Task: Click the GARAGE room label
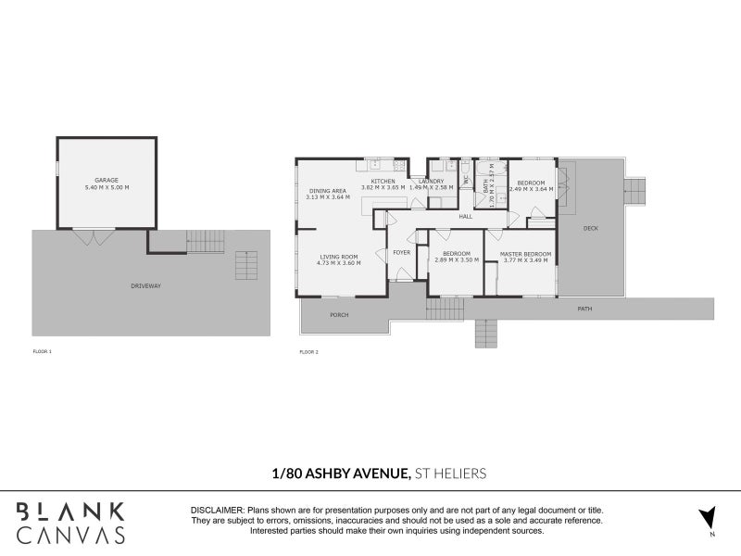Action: (x=107, y=180)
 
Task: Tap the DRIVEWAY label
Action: (x=145, y=285)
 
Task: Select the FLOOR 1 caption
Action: (x=42, y=352)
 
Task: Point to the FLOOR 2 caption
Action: (x=308, y=352)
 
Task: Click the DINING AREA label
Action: (x=327, y=189)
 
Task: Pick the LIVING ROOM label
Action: (x=339, y=257)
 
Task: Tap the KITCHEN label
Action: (x=383, y=181)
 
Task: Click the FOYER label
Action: (x=402, y=252)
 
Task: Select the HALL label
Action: (x=465, y=216)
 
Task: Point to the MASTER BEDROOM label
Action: (x=525, y=253)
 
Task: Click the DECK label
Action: (x=590, y=228)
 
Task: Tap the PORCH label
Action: (x=340, y=315)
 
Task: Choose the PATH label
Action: (x=584, y=309)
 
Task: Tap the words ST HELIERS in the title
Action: (x=450, y=474)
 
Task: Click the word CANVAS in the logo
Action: (x=70, y=535)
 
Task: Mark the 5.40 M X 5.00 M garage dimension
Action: (x=107, y=188)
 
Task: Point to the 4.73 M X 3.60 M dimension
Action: (x=339, y=264)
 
